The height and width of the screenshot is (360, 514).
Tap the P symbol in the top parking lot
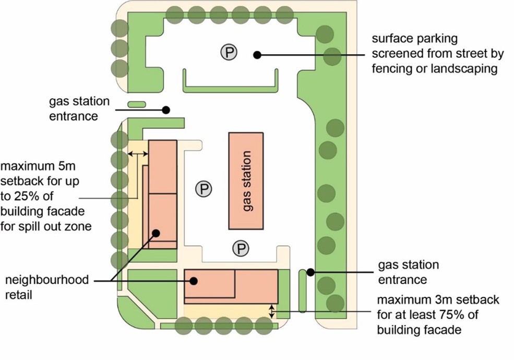tap(228, 52)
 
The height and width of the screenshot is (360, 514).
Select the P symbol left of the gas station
tap(204, 189)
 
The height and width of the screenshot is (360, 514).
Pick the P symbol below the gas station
tap(241, 248)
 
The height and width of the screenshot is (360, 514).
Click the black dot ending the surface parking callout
tap(256, 54)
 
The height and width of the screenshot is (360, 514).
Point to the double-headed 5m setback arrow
tap(138, 153)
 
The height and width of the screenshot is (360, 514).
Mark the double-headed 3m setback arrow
tap(271, 311)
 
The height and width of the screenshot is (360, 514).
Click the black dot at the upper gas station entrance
tap(166, 110)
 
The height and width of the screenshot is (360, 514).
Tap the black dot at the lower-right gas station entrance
tap(310, 272)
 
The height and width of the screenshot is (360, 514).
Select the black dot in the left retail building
tap(156, 233)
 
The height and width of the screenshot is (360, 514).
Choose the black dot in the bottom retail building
tap(193, 281)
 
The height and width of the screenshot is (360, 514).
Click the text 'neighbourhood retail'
tap(47, 287)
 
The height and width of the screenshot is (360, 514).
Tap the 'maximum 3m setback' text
tap(438, 315)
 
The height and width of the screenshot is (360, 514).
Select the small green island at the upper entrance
tap(136, 105)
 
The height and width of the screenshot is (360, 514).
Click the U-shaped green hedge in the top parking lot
tap(230, 88)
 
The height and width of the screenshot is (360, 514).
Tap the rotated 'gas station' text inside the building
tap(247, 181)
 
